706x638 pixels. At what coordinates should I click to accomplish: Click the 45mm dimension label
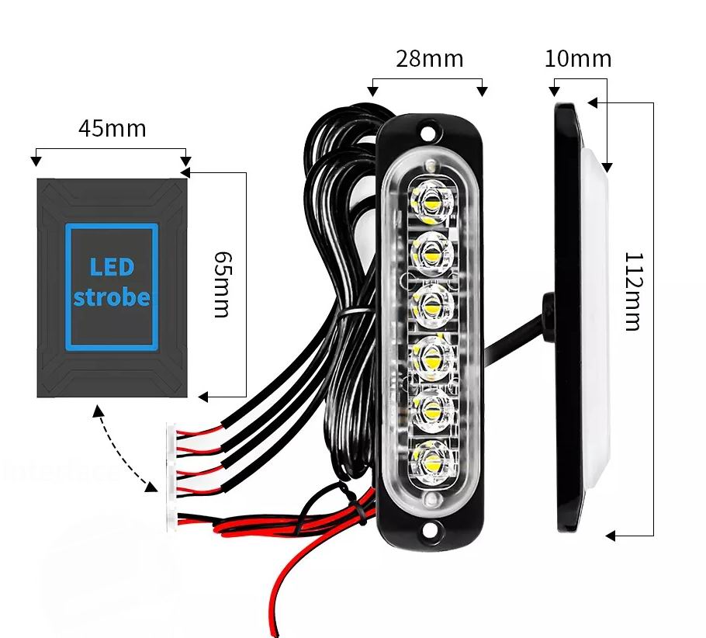pyautogui.click(x=112, y=128)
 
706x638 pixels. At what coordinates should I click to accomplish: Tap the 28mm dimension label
pyautogui.click(x=429, y=59)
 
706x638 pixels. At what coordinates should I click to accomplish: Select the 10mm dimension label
pyautogui.click(x=577, y=59)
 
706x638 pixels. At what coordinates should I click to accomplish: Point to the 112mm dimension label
pyautogui.click(x=632, y=291)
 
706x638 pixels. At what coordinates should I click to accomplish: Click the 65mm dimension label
pyautogui.click(x=221, y=283)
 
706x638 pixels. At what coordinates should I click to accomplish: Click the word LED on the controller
pyautogui.click(x=112, y=268)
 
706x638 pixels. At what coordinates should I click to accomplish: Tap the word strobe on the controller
pyautogui.click(x=112, y=297)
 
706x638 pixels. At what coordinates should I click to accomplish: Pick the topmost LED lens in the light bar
pyautogui.click(x=431, y=203)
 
